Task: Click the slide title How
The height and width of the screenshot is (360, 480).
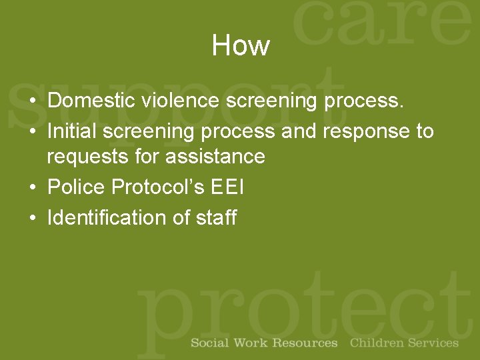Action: point(240,46)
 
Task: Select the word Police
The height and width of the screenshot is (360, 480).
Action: point(77,187)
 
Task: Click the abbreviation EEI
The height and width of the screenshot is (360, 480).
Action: point(227,187)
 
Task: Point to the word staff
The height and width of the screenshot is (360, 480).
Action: point(216,217)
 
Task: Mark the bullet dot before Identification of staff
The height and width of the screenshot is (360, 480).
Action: point(33,219)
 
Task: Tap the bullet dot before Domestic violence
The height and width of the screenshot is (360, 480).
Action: point(33,102)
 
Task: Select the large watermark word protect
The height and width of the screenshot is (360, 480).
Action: point(303,307)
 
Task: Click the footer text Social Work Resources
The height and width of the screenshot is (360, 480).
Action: point(264,343)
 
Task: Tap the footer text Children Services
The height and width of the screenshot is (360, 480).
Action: point(404,343)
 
